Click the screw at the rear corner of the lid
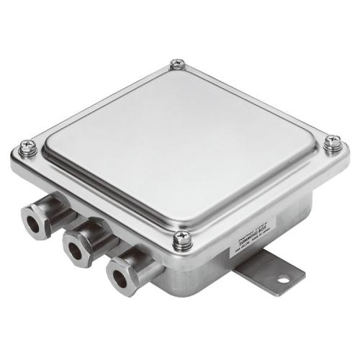[x=178, y=65]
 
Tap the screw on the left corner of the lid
[x=28, y=149]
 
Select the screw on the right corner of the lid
[x=332, y=143]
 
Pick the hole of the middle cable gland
[x=74, y=248]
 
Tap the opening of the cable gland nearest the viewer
[x=119, y=277]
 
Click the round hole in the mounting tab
[x=282, y=277]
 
